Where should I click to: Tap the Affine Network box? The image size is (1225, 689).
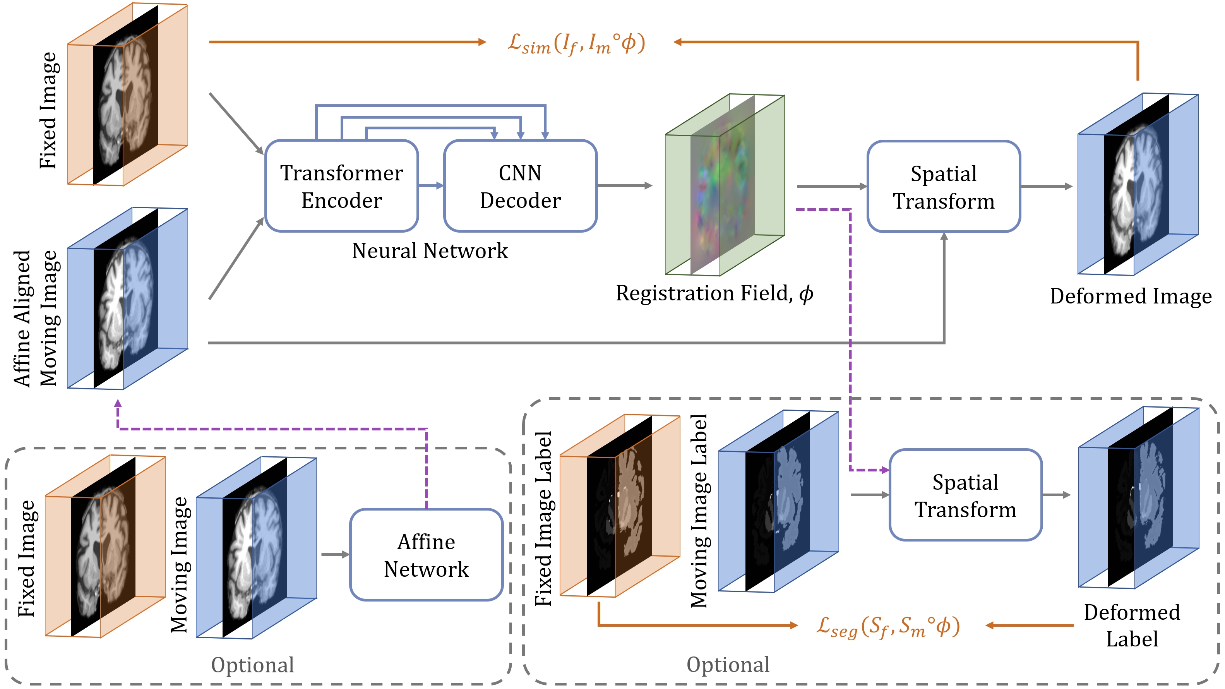tap(426, 555)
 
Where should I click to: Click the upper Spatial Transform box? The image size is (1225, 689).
tap(944, 187)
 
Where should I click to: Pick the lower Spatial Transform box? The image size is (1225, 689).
tap(965, 495)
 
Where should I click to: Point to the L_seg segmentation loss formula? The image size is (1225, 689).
tap(887, 627)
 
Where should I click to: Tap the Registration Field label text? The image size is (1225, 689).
tap(714, 293)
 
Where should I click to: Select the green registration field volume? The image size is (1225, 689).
tap(724, 185)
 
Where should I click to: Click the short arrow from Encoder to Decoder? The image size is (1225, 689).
tap(431, 185)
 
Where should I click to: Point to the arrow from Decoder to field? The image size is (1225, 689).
tap(624, 185)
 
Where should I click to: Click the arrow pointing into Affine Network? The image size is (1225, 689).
tap(335, 554)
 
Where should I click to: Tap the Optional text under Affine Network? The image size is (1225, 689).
tap(252, 665)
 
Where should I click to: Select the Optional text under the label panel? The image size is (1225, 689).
tap(728, 664)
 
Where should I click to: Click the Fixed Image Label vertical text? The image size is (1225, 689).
tap(543, 518)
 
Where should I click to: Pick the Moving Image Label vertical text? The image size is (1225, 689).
tap(699, 511)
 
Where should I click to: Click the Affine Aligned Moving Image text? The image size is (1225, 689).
tap(36, 319)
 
